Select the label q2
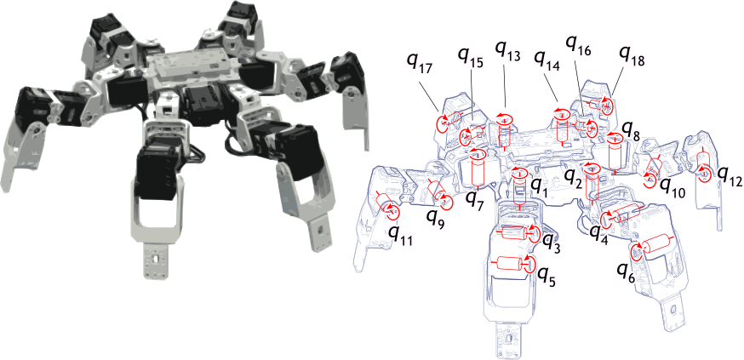pyautogui.click(x=572, y=179)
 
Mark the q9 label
pyautogui.click(x=436, y=218)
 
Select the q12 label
pyautogui.click(x=730, y=176)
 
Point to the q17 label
pyautogui.click(x=420, y=64)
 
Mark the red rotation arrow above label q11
pyautogui.click(x=392, y=211)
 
